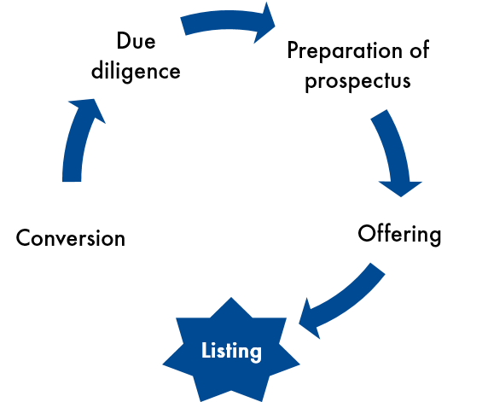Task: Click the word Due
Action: (x=136, y=40)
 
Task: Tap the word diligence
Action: (x=136, y=71)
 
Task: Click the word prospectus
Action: (x=357, y=81)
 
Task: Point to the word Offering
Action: (x=399, y=234)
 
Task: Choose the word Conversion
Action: (x=71, y=238)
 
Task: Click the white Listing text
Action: (x=231, y=352)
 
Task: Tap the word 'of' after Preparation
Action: (x=420, y=50)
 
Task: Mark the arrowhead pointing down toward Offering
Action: (x=400, y=188)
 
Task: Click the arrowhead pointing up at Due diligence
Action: (x=89, y=109)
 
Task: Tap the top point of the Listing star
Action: (x=231, y=298)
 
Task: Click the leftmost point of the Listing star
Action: (x=163, y=364)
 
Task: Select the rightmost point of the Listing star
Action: (x=299, y=364)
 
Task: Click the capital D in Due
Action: (x=123, y=40)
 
